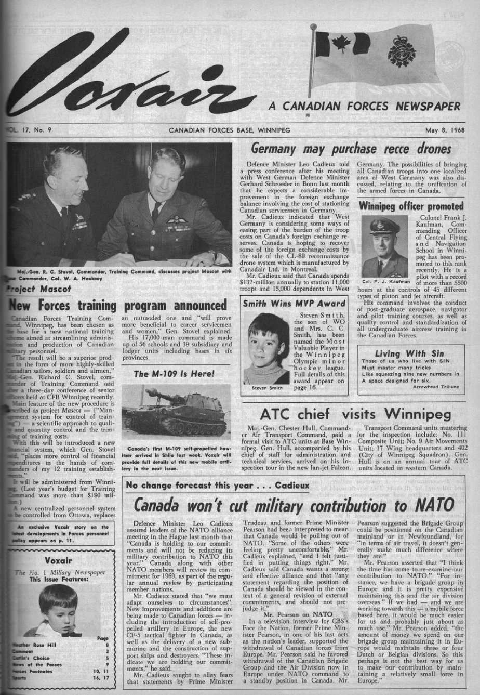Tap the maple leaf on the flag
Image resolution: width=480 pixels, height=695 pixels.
341,44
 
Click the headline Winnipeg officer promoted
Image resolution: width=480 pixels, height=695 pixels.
411,205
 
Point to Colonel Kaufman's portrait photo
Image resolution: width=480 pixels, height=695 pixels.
385,247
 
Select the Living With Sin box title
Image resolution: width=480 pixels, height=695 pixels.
409,353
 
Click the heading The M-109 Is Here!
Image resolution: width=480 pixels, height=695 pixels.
174,374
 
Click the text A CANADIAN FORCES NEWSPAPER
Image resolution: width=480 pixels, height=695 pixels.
364,106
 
